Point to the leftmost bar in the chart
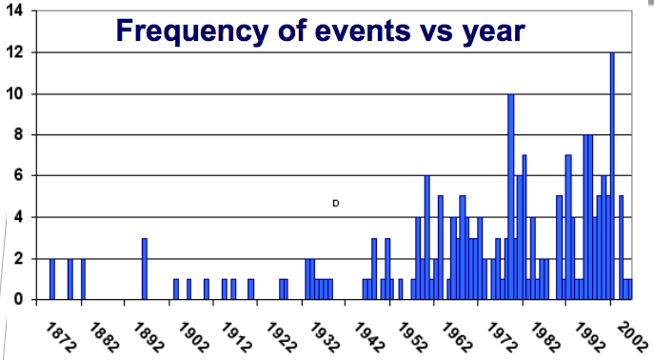[x=52, y=279]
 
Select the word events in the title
[x=340, y=30]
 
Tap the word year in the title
[x=490, y=30]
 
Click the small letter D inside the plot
[x=336, y=203]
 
